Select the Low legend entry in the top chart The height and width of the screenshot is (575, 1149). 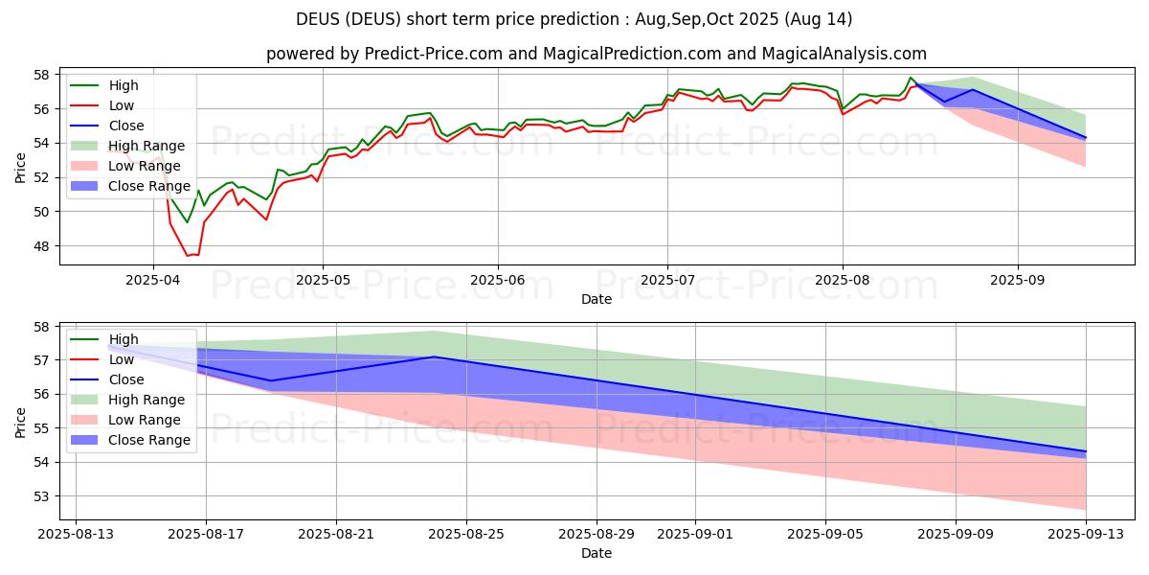click(122, 105)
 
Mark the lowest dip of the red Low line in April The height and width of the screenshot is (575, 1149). click(188, 256)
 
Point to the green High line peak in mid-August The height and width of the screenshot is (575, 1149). click(911, 78)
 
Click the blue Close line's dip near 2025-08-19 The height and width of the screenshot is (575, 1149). click(271, 380)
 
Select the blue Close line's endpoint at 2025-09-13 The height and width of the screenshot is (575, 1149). click(1086, 451)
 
